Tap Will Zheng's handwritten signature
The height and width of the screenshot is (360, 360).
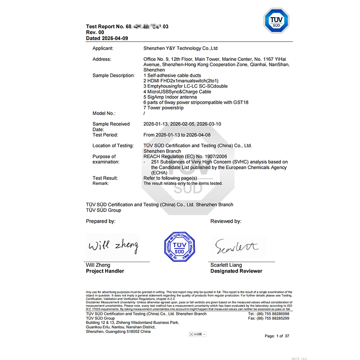pyautogui.click(x=113, y=246)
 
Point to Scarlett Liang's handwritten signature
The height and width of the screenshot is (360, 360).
pyautogui.click(x=237, y=246)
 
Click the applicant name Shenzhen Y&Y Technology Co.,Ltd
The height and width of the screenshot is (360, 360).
pyautogui.click(x=180, y=48)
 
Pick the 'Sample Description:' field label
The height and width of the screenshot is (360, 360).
pyautogui.click(x=113, y=76)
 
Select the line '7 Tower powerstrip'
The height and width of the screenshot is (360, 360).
pyautogui.click(x=165, y=108)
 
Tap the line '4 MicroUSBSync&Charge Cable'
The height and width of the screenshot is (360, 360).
pyautogui.click(x=177, y=91)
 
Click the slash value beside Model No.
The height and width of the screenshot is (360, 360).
pyautogui.click(x=144, y=114)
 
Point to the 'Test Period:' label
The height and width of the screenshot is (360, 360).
pyautogui.click(x=105, y=135)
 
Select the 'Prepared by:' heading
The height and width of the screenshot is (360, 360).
pyautogui.click(x=100, y=221)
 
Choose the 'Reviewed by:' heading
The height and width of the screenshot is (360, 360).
pyautogui.click(x=226, y=221)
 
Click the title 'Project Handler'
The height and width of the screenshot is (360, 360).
pyautogui.click(x=105, y=271)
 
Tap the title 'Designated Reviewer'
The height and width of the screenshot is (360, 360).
pyautogui.click(x=236, y=271)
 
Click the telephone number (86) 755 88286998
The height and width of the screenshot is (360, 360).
pyautogui.click(x=275, y=314)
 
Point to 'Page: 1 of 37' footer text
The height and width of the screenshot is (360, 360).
pyautogui.click(x=277, y=336)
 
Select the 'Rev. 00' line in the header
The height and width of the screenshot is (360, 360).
pyautogui.click(x=95, y=33)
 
